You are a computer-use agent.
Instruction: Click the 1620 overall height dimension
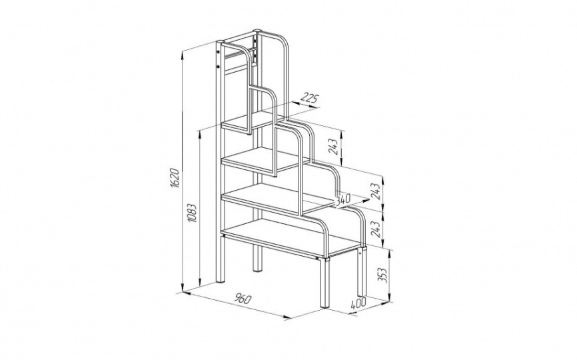click(175, 179)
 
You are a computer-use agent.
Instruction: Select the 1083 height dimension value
click(192, 213)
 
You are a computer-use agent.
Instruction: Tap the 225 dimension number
click(308, 98)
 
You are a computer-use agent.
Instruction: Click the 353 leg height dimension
click(383, 274)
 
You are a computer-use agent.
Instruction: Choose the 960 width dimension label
click(243, 299)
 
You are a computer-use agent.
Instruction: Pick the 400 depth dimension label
click(358, 304)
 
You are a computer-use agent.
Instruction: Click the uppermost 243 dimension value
click(333, 147)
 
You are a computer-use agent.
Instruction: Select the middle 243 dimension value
click(375, 191)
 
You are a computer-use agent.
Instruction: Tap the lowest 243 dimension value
click(375, 230)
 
